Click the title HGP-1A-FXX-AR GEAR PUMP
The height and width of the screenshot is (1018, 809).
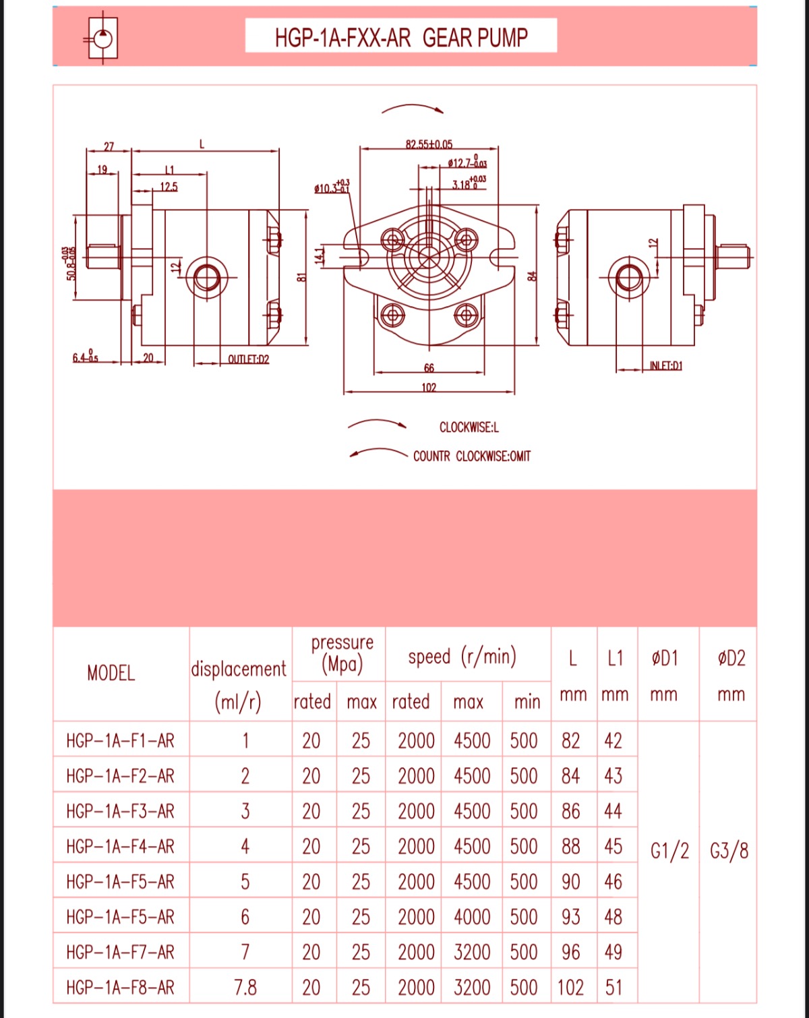click(401, 37)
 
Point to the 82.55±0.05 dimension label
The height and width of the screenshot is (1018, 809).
click(429, 144)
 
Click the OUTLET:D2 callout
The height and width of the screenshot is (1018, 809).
click(248, 359)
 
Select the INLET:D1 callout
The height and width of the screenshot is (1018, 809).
click(665, 365)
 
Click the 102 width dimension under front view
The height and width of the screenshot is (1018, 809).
click(429, 388)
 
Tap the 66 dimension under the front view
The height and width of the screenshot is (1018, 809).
click(429, 368)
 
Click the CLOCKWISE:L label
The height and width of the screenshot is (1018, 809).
click(469, 427)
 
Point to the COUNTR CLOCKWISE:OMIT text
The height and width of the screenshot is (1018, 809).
click(472, 456)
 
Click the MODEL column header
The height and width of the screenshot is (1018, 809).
click(111, 673)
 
